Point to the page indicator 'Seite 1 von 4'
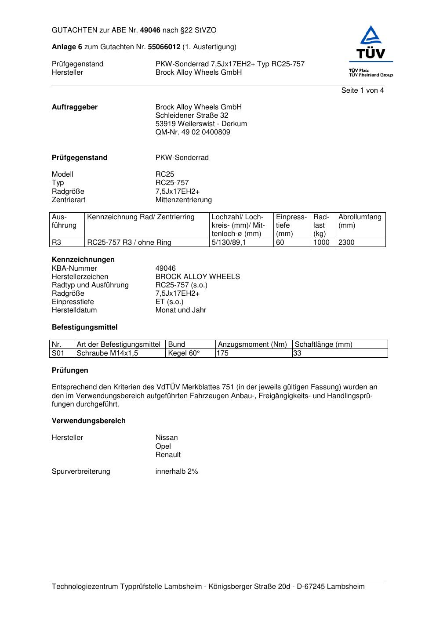pyautogui.click(x=362, y=91)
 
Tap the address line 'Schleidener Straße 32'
pyautogui.click(x=192, y=116)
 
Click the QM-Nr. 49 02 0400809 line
pyautogui.click(x=193, y=132)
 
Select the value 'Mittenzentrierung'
pyautogui.click(x=183, y=200)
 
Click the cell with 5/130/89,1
pyautogui.click(x=229, y=243)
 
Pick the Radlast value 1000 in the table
pyautogui.click(x=321, y=243)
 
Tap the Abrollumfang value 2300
pyautogui.click(x=346, y=243)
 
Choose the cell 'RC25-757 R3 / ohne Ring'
pyautogui.click(x=129, y=243)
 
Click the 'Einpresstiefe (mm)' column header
pyautogui.click(x=291, y=225)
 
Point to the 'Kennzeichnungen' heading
pyautogui.click(x=83, y=260)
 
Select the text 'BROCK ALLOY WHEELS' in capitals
pyautogui.click(x=197, y=277)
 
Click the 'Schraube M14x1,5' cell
pyautogui.click(x=107, y=353)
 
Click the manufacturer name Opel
pyautogui.click(x=163, y=446)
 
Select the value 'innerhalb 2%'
pyautogui.click(x=176, y=472)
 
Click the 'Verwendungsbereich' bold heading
pyautogui.click(x=88, y=421)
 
